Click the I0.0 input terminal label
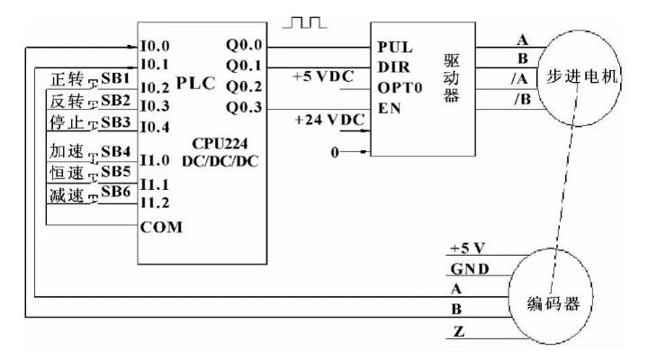point(155,46)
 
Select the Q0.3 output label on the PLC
point(244,107)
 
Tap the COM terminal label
point(161,227)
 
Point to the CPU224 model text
point(220,144)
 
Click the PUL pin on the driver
point(395,47)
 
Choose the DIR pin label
point(394,67)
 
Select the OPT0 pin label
point(400,87)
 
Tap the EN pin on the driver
point(390,108)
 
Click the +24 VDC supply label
point(329,120)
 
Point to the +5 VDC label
point(323,76)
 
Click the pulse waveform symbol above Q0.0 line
point(304,22)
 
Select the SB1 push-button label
point(115,78)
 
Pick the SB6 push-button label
point(116,192)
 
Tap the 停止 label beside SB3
point(67,122)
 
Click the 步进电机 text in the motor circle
point(581,76)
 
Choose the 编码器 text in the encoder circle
point(553,303)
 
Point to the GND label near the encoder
point(469,268)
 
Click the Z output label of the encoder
point(459,332)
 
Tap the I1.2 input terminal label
point(155,202)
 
